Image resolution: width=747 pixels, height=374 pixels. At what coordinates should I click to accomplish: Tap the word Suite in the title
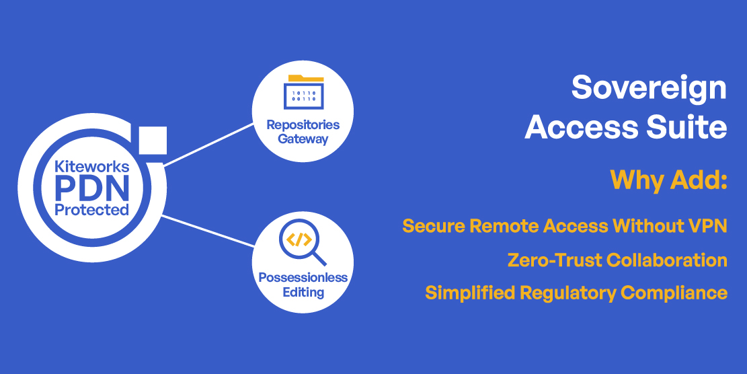687,127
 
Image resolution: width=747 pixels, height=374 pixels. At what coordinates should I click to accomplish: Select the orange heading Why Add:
668,180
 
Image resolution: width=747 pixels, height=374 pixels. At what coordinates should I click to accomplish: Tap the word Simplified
470,293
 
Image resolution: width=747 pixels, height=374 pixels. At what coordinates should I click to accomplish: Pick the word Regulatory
567,293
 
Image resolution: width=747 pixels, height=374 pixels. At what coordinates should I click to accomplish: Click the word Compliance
674,293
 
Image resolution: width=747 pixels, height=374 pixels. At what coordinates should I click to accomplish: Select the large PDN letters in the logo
92,188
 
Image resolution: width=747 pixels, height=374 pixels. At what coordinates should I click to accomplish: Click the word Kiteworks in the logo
92,166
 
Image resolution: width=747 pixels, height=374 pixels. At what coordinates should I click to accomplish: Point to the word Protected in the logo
92,210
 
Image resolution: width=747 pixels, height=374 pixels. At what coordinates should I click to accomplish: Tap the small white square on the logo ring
153,141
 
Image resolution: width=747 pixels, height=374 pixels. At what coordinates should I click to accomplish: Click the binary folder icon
303,92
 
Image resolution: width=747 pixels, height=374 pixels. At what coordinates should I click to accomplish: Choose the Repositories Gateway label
303,132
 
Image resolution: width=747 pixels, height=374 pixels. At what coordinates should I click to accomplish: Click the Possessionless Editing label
303,285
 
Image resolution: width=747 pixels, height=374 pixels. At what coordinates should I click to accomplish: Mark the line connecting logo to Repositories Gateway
208,145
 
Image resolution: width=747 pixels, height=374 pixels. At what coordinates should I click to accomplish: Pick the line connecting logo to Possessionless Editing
208,231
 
